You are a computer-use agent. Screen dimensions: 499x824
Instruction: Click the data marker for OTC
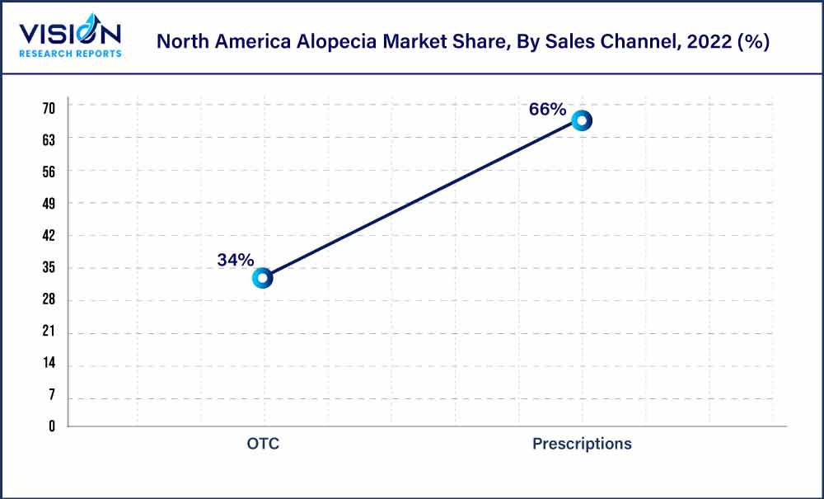[263, 278]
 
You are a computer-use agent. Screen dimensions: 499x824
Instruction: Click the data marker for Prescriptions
[582, 120]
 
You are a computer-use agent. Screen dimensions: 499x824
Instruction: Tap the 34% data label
[236, 260]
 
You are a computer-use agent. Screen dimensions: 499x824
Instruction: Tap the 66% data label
[547, 110]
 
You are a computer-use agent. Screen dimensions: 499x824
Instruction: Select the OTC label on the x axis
[263, 444]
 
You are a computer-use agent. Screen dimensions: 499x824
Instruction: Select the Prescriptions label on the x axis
[582, 444]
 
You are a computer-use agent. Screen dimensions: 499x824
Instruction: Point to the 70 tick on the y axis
[49, 108]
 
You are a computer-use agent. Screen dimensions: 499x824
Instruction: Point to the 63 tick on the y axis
[49, 140]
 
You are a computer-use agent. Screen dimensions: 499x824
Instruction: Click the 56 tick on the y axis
[49, 172]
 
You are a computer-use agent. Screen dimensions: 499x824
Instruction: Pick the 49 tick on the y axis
[49, 204]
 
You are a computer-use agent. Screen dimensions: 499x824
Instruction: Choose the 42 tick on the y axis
[49, 236]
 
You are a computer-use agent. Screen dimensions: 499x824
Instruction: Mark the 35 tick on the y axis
[49, 268]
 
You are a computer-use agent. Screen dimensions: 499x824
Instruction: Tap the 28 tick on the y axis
[49, 300]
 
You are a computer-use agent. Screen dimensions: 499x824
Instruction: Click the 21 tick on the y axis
[49, 332]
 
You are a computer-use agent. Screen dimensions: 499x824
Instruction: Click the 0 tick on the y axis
[51, 426]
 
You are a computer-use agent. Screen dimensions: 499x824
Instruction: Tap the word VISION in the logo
[70, 34]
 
